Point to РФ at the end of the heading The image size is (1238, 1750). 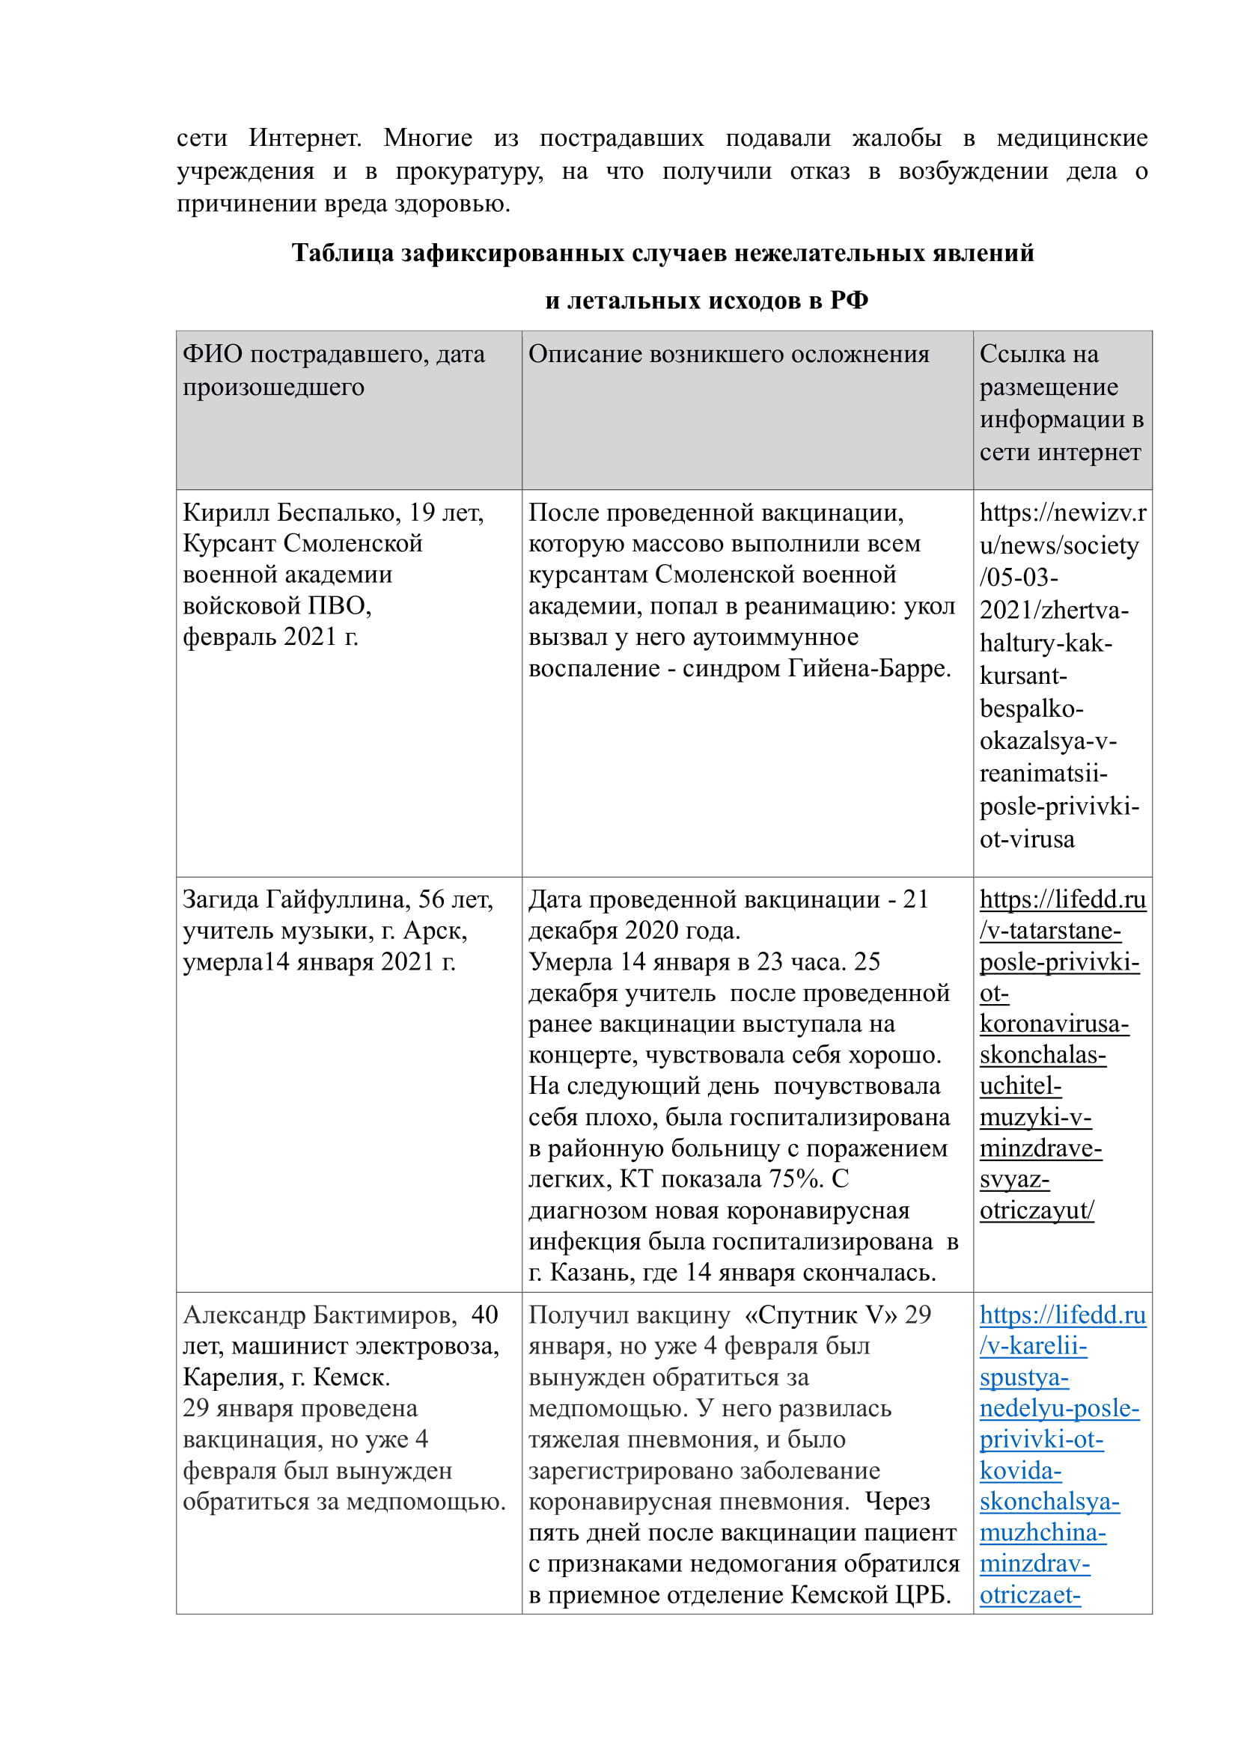click(x=849, y=301)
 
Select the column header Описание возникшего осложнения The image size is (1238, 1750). click(x=729, y=355)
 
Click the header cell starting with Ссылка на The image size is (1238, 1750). click(x=1038, y=355)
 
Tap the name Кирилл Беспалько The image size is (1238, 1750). click(x=291, y=513)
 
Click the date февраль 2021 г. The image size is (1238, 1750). click(x=271, y=637)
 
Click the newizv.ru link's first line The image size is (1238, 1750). click(x=1062, y=513)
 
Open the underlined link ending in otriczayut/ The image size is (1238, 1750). click(x=1037, y=1211)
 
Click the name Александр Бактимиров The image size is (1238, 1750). click(x=315, y=1315)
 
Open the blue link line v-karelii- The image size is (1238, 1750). click(x=1033, y=1346)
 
